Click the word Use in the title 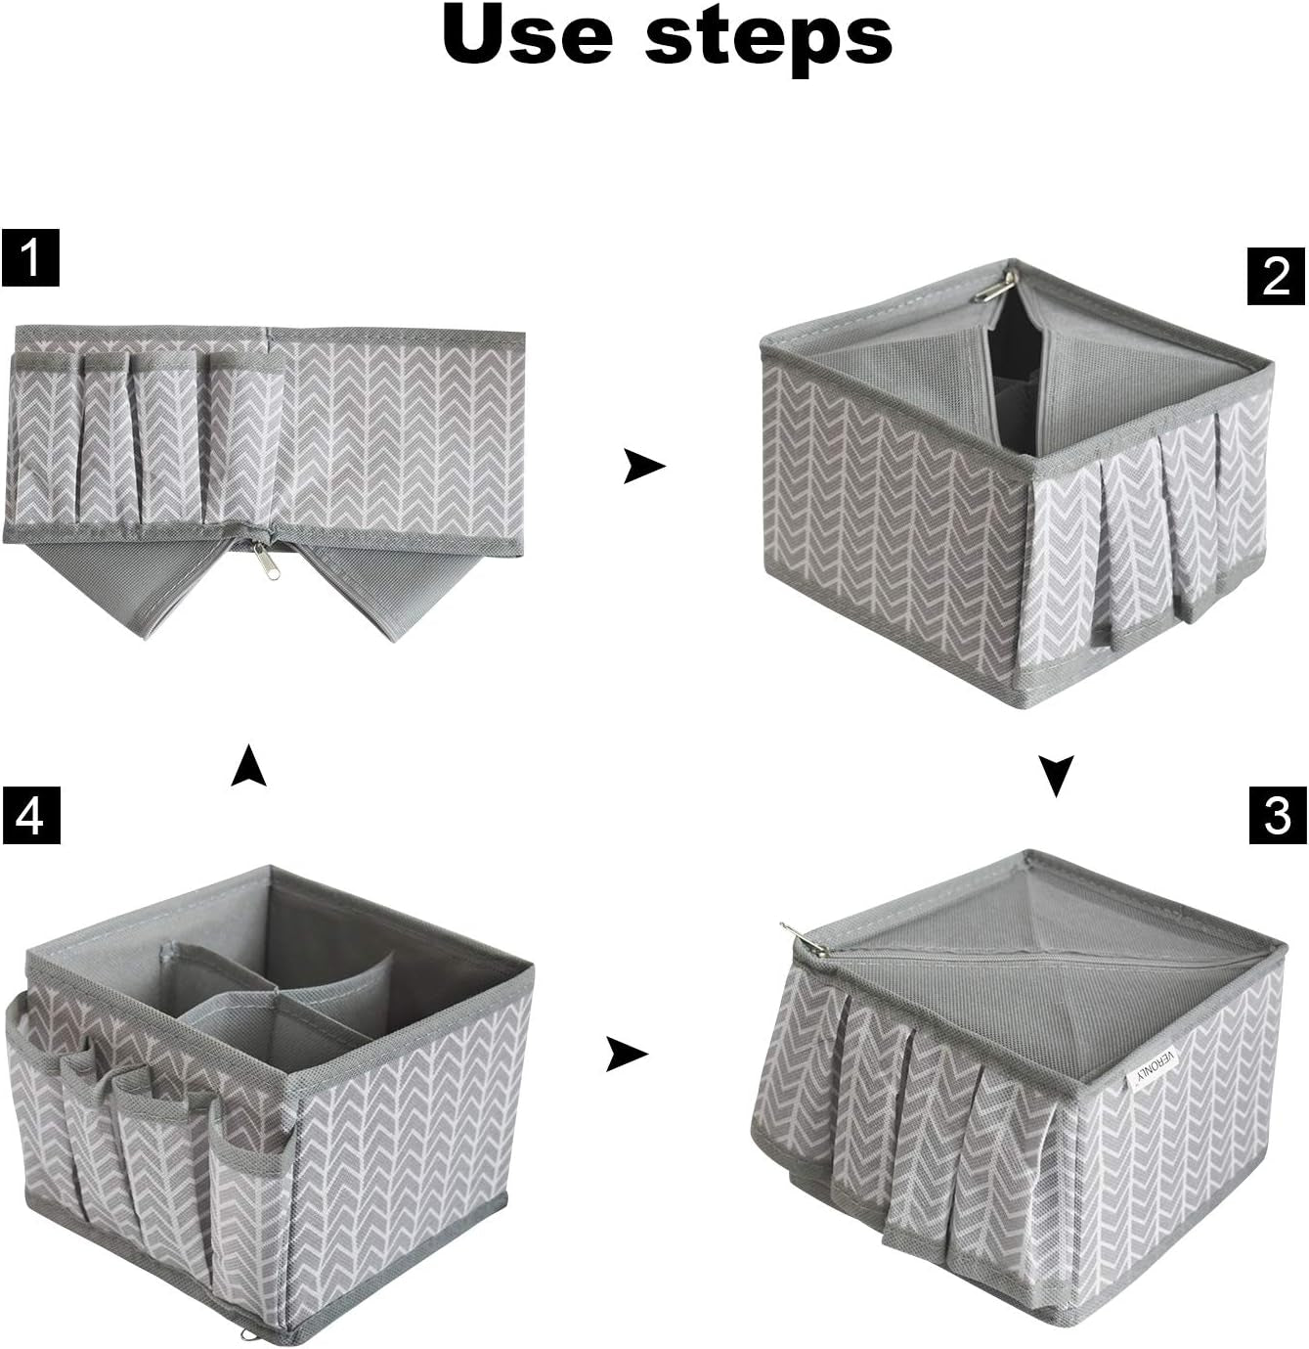[528, 35]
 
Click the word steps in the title [768, 35]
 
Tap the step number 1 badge [30, 258]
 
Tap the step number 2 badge [1276, 276]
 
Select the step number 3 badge [1277, 815]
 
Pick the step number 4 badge [30, 815]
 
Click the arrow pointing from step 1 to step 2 [643, 467]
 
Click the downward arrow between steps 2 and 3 [1056, 775]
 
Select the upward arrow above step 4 [248, 766]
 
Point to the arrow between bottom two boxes [626, 1054]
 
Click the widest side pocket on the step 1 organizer [244, 440]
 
